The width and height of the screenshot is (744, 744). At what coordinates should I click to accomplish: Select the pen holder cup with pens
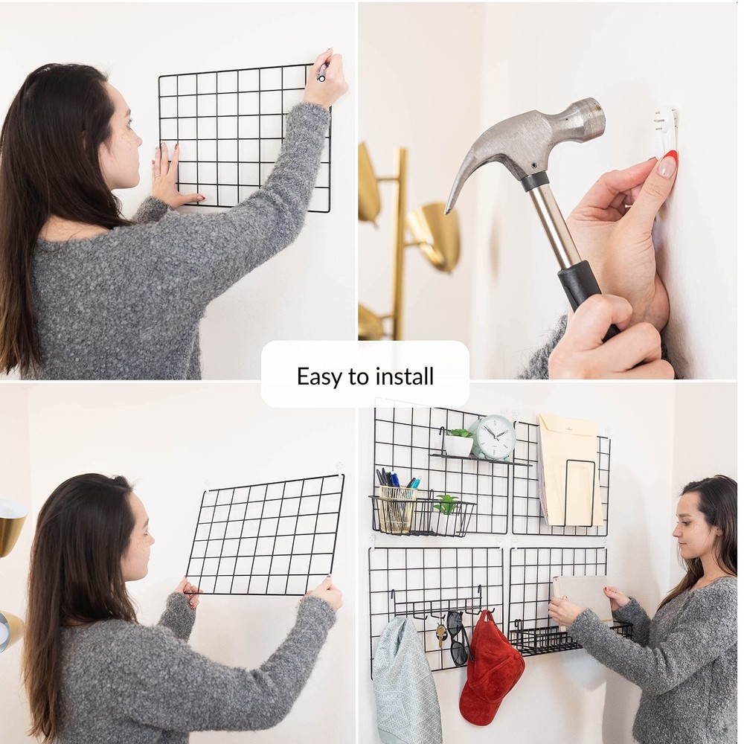[397, 507]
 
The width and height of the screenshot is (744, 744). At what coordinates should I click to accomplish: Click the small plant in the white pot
[459, 443]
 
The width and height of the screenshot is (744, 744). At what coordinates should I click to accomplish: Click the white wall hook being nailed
[666, 130]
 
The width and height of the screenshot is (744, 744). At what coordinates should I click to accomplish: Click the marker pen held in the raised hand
[322, 72]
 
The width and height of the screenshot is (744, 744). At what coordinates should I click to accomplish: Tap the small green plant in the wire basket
[446, 505]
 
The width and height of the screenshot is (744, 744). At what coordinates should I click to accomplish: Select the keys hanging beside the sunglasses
[441, 632]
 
